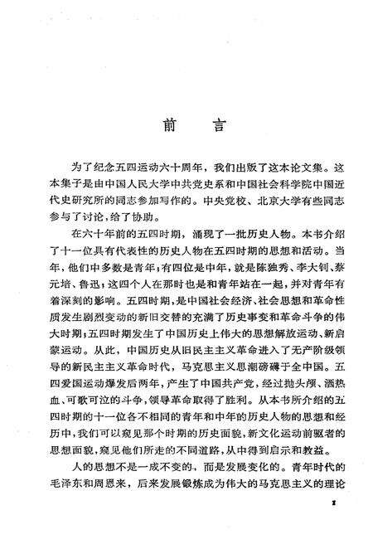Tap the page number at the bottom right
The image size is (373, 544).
pyautogui.click(x=332, y=526)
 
